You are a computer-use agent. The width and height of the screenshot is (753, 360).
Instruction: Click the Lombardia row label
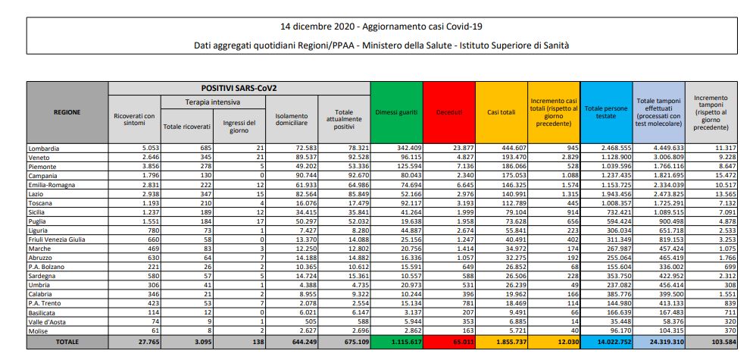pyautogui.click(x=43, y=148)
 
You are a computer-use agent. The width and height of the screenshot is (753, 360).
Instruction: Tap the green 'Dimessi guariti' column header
pyautogui.click(x=396, y=112)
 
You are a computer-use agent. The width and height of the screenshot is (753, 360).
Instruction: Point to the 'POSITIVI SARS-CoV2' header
pyautogui.click(x=239, y=89)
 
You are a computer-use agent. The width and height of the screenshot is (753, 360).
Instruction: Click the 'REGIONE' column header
pyautogui.click(x=67, y=111)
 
